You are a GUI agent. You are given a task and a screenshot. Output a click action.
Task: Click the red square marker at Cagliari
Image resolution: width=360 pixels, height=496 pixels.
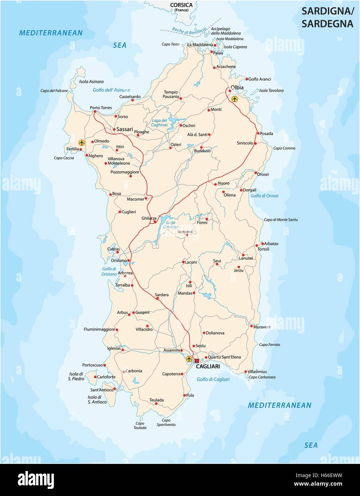(x=197, y=361)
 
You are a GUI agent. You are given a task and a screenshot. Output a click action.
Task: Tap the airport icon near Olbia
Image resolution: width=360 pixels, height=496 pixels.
(x=234, y=99)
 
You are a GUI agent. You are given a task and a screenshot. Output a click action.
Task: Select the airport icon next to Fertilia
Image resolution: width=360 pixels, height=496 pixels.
(x=82, y=143)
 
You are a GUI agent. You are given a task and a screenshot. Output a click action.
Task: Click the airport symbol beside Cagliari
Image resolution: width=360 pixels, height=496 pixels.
(x=189, y=359)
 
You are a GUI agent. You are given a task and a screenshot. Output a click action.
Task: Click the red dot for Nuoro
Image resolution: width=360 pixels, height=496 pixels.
(x=216, y=184)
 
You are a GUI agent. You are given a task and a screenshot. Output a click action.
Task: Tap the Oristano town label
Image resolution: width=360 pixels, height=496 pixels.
(x=119, y=260)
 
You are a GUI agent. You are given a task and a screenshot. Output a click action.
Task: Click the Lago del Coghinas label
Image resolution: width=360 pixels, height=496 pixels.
(x=159, y=123)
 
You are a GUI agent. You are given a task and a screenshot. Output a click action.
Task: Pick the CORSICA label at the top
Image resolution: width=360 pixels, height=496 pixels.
(x=181, y=5)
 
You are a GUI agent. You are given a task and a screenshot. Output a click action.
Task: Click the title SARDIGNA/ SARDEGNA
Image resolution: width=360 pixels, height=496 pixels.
(x=328, y=17)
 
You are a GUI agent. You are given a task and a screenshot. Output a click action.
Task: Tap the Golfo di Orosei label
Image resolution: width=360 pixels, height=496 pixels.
(x=264, y=196)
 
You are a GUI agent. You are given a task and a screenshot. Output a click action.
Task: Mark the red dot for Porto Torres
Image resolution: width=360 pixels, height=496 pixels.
(x=95, y=112)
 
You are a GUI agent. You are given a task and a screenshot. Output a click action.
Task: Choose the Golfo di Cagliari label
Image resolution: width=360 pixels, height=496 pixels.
(x=213, y=379)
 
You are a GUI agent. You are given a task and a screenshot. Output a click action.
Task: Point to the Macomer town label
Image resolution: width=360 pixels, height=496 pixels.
(x=136, y=199)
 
